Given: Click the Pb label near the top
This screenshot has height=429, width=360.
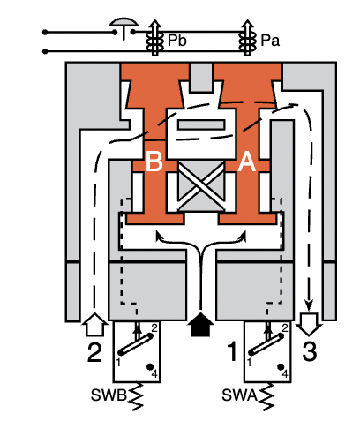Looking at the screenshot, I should click(176, 41).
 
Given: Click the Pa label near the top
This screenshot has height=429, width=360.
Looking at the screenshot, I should click(270, 41).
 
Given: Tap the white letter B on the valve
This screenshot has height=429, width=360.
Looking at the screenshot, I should click(155, 162).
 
